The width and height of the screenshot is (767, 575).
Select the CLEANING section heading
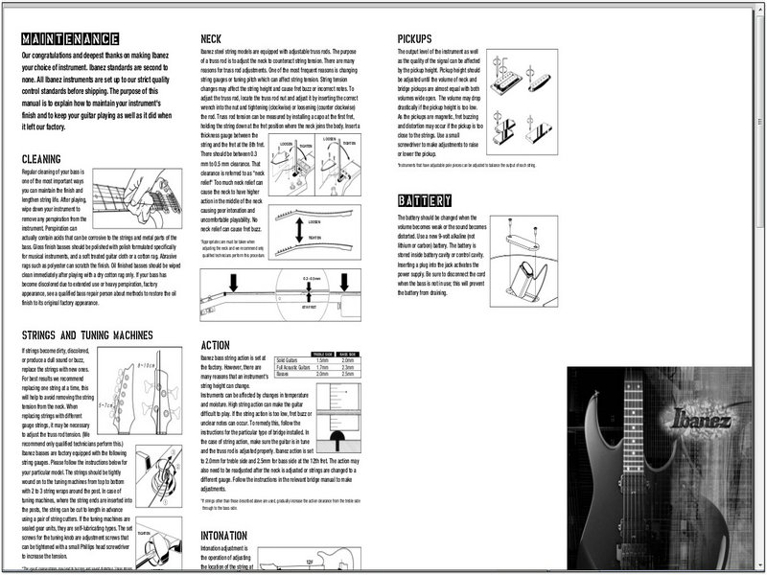click(x=54, y=158)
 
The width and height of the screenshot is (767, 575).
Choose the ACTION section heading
click(x=217, y=344)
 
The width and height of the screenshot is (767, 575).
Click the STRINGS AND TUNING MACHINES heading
click(x=87, y=335)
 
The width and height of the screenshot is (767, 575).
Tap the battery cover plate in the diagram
click(x=524, y=231)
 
